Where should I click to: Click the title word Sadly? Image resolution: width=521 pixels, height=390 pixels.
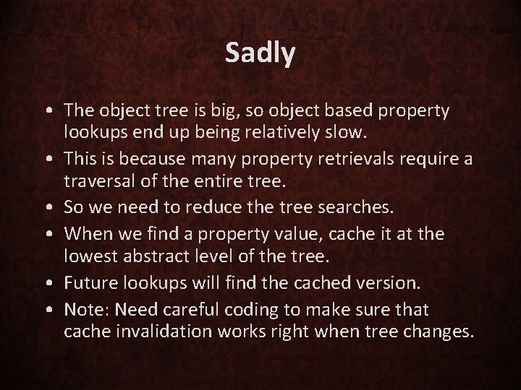pos(260,53)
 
